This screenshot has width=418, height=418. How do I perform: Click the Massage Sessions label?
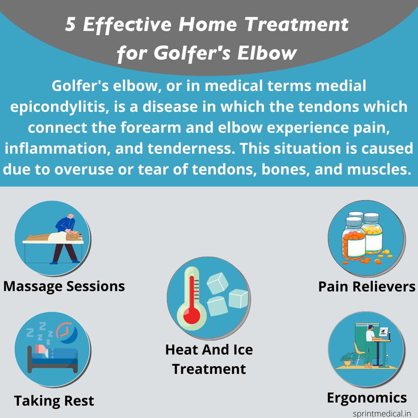[64, 286]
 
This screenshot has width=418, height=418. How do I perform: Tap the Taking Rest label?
[54, 401]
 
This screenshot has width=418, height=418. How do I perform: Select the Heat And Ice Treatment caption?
[209, 359]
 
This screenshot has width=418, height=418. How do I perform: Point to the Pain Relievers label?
[367, 287]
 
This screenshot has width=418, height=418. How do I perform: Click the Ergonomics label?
[367, 397]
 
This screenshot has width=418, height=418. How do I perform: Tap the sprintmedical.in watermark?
[382, 413]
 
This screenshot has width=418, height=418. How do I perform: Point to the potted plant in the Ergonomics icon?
[347, 358]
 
